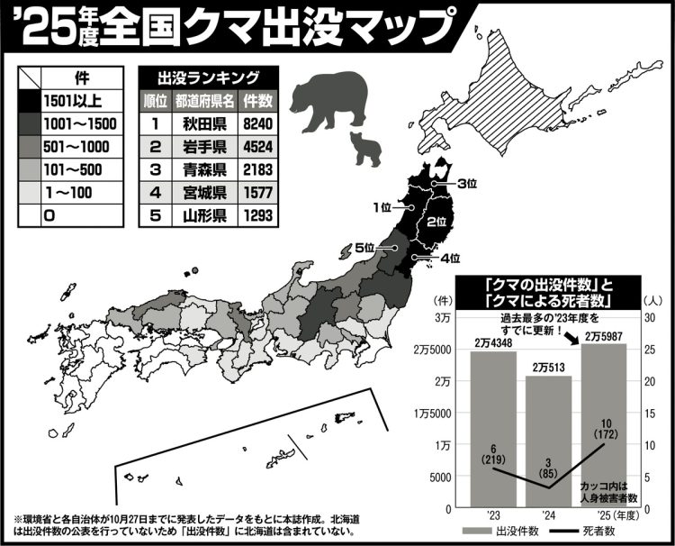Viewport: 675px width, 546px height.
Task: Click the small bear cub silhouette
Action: coord(365,149)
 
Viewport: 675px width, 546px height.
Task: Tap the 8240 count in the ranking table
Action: coord(258,122)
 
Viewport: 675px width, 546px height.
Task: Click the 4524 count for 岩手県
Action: coord(258,145)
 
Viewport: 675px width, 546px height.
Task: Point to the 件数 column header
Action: coord(258,99)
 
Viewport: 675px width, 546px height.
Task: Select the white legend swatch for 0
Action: coord(29,215)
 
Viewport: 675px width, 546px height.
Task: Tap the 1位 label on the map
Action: coord(382,208)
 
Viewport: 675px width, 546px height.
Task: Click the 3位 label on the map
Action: coord(465,185)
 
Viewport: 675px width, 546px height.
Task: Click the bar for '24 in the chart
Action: coord(548,441)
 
